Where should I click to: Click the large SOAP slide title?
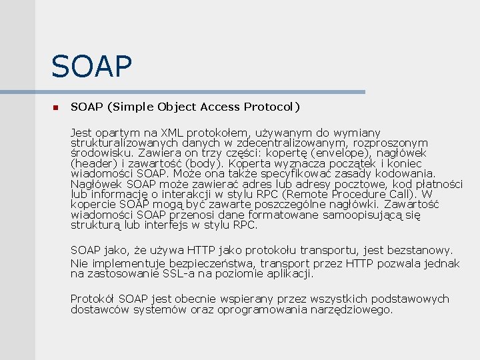point(92,66)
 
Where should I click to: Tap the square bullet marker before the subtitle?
point(55,107)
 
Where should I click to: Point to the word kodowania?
point(407,173)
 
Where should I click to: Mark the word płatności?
point(439,184)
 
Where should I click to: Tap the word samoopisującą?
point(363,215)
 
